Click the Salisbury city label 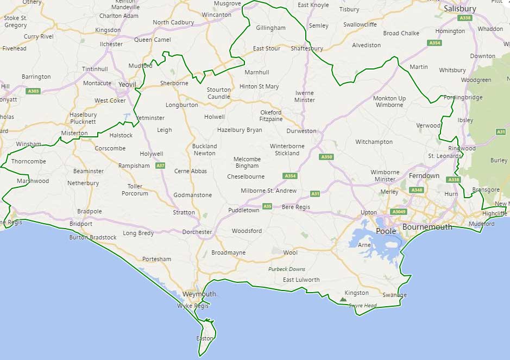point(459,9)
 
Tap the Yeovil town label point(127,84)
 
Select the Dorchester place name point(197,232)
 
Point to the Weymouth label point(199,294)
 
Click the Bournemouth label point(427,227)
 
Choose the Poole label point(386,231)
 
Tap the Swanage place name point(394,295)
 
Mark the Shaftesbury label point(307,48)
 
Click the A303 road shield point(33,91)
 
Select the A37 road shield point(160,166)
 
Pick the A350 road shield point(326,157)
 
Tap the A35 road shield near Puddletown point(267,206)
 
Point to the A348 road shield point(417,190)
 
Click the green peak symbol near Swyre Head point(343,299)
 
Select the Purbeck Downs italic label point(287,269)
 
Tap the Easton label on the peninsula point(205,338)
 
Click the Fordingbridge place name point(463,98)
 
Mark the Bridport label point(81,224)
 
